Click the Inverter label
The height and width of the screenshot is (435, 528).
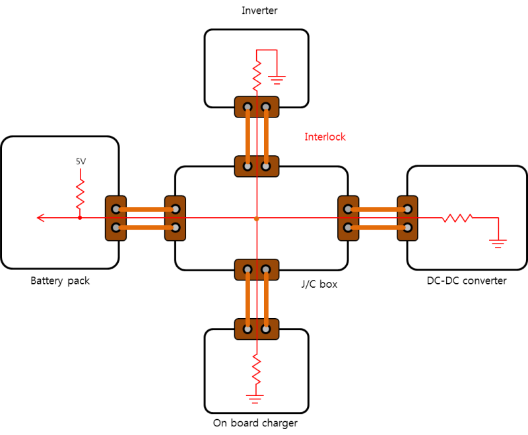(x=259, y=11)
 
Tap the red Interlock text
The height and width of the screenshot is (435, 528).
(x=325, y=137)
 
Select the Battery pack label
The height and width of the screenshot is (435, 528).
(x=60, y=281)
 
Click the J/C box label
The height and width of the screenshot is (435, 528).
(x=319, y=284)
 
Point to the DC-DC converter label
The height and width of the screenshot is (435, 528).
(x=467, y=281)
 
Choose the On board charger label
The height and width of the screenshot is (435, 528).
(x=255, y=423)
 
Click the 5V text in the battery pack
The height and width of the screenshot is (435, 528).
(x=81, y=161)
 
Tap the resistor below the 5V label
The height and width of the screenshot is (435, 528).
(x=81, y=193)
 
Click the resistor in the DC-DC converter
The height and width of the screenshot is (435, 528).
(x=457, y=218)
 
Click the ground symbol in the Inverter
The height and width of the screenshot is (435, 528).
(x=277, y=80)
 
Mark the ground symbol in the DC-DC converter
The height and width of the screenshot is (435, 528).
(x=498, y=243)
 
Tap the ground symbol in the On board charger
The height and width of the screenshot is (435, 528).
(x=255, y=399)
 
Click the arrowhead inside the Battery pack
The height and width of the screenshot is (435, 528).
(x=41, y=218)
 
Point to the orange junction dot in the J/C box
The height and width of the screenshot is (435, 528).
(x=256, y=218)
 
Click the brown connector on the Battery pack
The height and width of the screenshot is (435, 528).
(x=115, y=218)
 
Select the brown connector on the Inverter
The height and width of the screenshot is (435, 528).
(x=257, y=106)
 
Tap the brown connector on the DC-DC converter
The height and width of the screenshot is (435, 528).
(x=407, y=218)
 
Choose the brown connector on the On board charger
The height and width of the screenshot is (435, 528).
(x=257, y=328)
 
